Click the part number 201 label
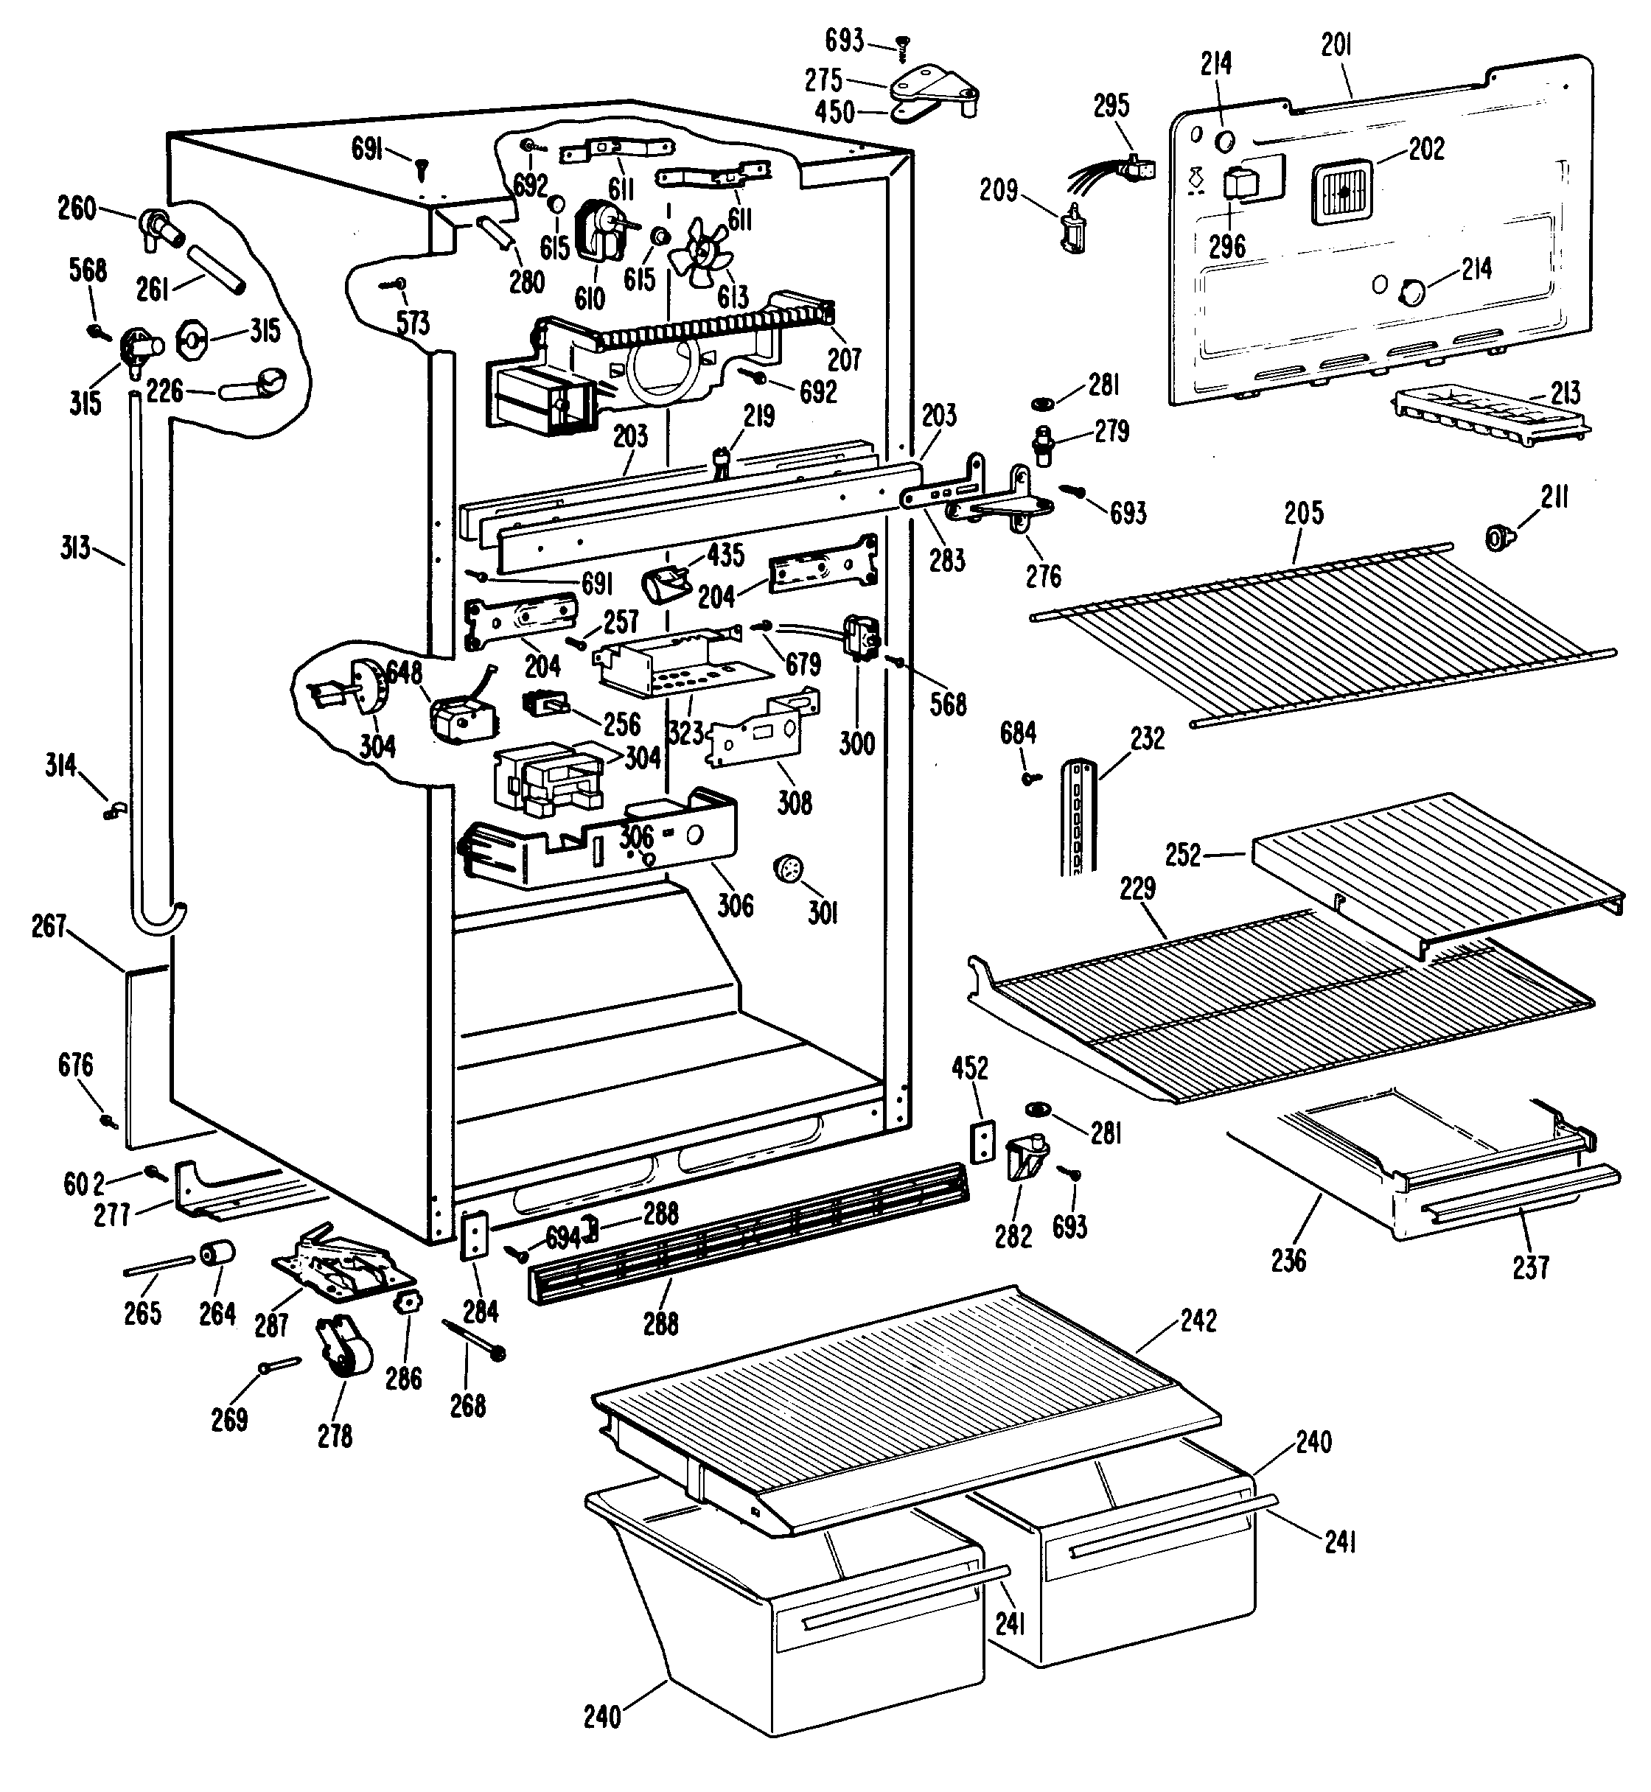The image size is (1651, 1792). [1336, 46]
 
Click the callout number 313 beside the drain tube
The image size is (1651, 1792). [76, 547]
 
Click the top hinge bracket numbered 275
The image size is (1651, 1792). [934, 89]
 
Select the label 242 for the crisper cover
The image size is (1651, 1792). [1198, 1320]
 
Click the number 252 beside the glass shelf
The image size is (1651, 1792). [1183, 855]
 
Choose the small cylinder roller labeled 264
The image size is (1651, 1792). [217, 1253]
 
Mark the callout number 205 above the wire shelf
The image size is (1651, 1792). [1303, 513]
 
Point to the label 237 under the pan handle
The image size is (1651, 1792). [1529, 1267]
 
